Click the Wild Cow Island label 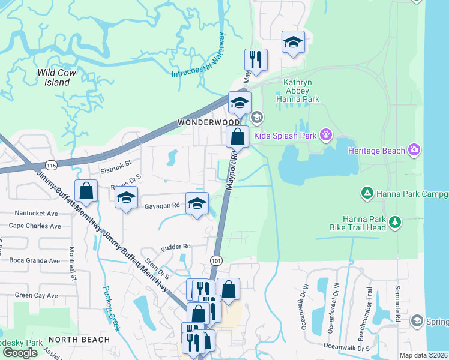click(58, 77)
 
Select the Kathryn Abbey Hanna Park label click(297, 89)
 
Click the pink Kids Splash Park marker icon click(325, 136)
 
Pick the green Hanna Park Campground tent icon click(366, 193)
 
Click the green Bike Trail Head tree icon click(394, 222)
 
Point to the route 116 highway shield click(49, 164)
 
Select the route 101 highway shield click(217, 260)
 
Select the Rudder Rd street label click(175, 246)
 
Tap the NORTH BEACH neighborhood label click(79, 340)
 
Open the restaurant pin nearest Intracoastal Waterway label click(256, 59)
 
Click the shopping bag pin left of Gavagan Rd click(86, 190)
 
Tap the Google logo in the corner click(20, 353)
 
